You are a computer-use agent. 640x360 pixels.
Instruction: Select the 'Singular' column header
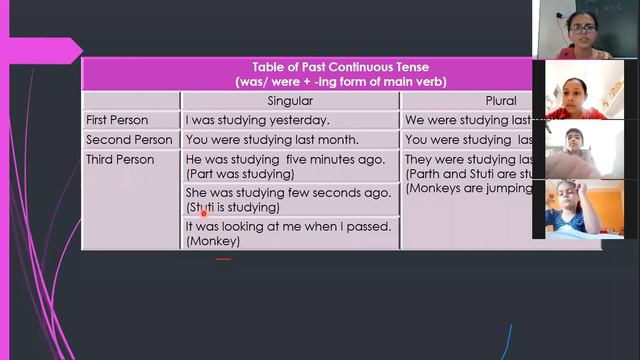point(290,101)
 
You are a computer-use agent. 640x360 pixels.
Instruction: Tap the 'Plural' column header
point(501,101)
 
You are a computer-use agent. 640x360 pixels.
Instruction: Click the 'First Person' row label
point(117,120)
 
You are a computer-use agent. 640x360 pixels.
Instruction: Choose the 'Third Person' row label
point(120,160)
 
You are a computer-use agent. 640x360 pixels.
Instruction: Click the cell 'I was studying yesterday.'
point(257,120)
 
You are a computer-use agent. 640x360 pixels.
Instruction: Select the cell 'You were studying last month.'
point(272,140)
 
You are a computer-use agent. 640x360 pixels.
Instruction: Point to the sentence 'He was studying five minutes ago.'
point(285,160)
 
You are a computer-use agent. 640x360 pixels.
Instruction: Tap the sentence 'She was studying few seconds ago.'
point(288,193)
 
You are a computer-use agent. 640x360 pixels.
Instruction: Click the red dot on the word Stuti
point(203,211)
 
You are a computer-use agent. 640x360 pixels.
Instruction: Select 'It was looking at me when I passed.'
point(288,226)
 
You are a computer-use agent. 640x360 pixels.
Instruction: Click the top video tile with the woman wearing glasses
point(579,29)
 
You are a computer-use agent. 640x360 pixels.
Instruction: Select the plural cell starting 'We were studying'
point(470,120)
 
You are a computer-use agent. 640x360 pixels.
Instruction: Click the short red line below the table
point(223,259)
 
